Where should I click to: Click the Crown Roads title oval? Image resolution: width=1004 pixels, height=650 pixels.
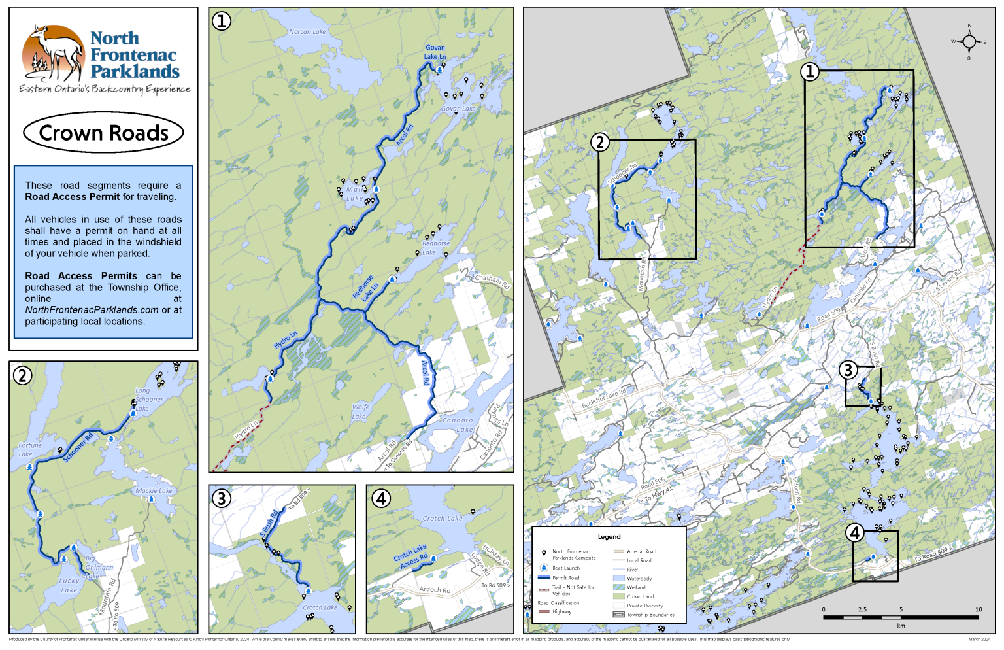103,133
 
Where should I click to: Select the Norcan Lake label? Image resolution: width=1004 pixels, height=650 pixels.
307,31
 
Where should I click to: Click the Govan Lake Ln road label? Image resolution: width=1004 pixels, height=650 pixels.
435,52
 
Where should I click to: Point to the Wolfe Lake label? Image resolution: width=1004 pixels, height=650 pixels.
360,411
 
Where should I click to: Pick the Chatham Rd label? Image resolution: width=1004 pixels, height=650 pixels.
492,281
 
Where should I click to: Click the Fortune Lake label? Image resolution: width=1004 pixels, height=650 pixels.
29,449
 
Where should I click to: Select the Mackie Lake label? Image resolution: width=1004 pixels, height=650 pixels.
154,490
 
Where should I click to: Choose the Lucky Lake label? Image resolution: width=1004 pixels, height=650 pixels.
69,585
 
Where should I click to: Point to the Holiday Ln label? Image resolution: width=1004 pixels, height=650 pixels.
495,555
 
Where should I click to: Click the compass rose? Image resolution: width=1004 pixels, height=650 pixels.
969,43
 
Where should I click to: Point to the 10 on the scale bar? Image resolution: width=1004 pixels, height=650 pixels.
979,609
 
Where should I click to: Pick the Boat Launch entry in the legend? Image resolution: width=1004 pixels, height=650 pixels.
565,568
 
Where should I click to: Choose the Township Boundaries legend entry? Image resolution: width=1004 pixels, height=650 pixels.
650,615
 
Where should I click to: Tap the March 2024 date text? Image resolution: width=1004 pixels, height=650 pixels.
979,639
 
